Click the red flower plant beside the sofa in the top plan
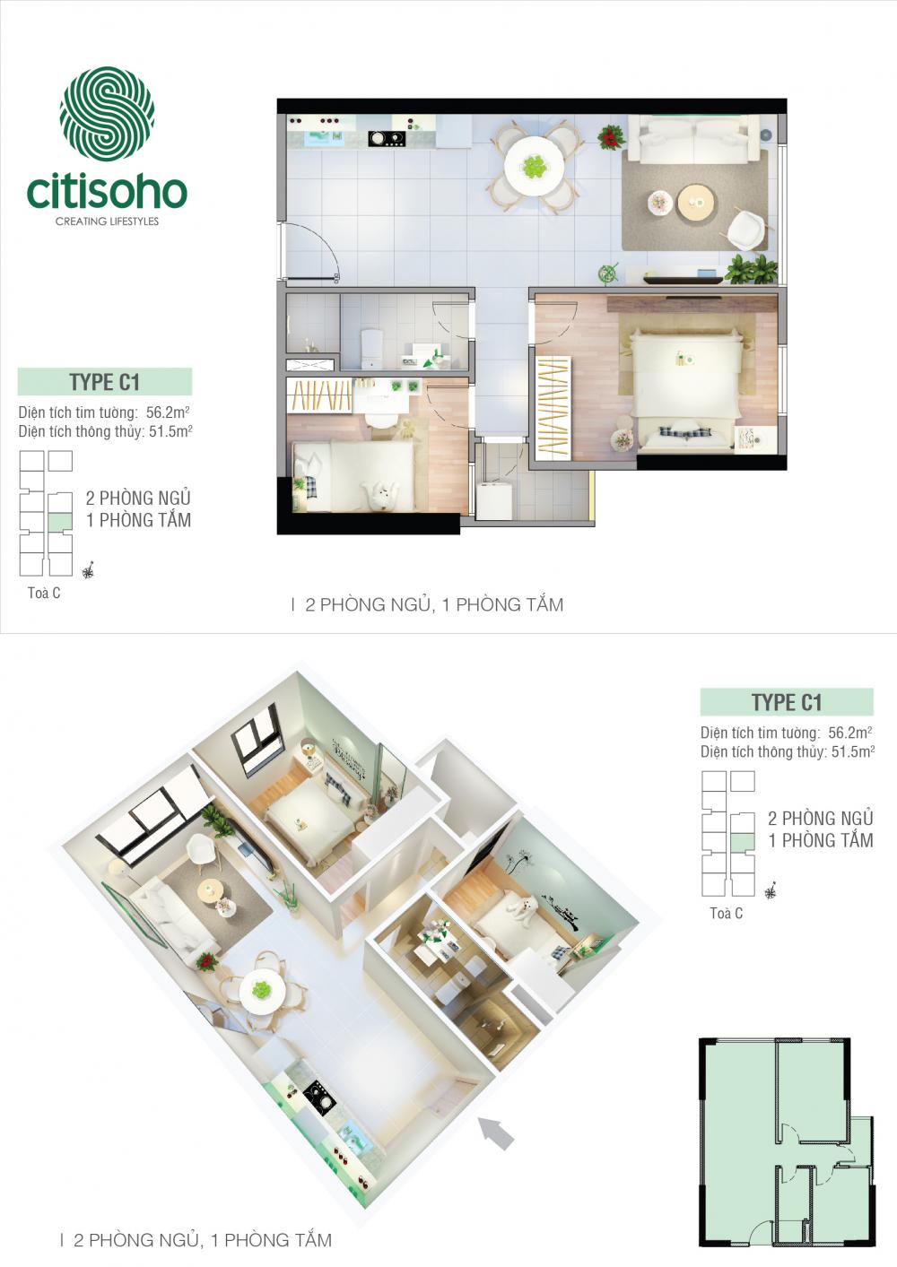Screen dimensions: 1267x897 (x=612, y=137)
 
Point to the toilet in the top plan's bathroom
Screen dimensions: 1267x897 (x=370, y=347)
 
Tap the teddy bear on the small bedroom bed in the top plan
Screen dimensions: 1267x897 (x=381, y=494)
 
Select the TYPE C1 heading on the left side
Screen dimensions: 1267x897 (x=105, y=382)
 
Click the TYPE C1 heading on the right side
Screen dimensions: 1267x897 (x=787, y=702)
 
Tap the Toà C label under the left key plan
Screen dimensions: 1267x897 (x=44, y=593)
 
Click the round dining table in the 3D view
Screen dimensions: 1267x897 (x=262, y=990)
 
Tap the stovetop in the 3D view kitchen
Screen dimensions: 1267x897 (x=317, y=1092)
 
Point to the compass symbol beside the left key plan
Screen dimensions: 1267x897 (x=88, y=569)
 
